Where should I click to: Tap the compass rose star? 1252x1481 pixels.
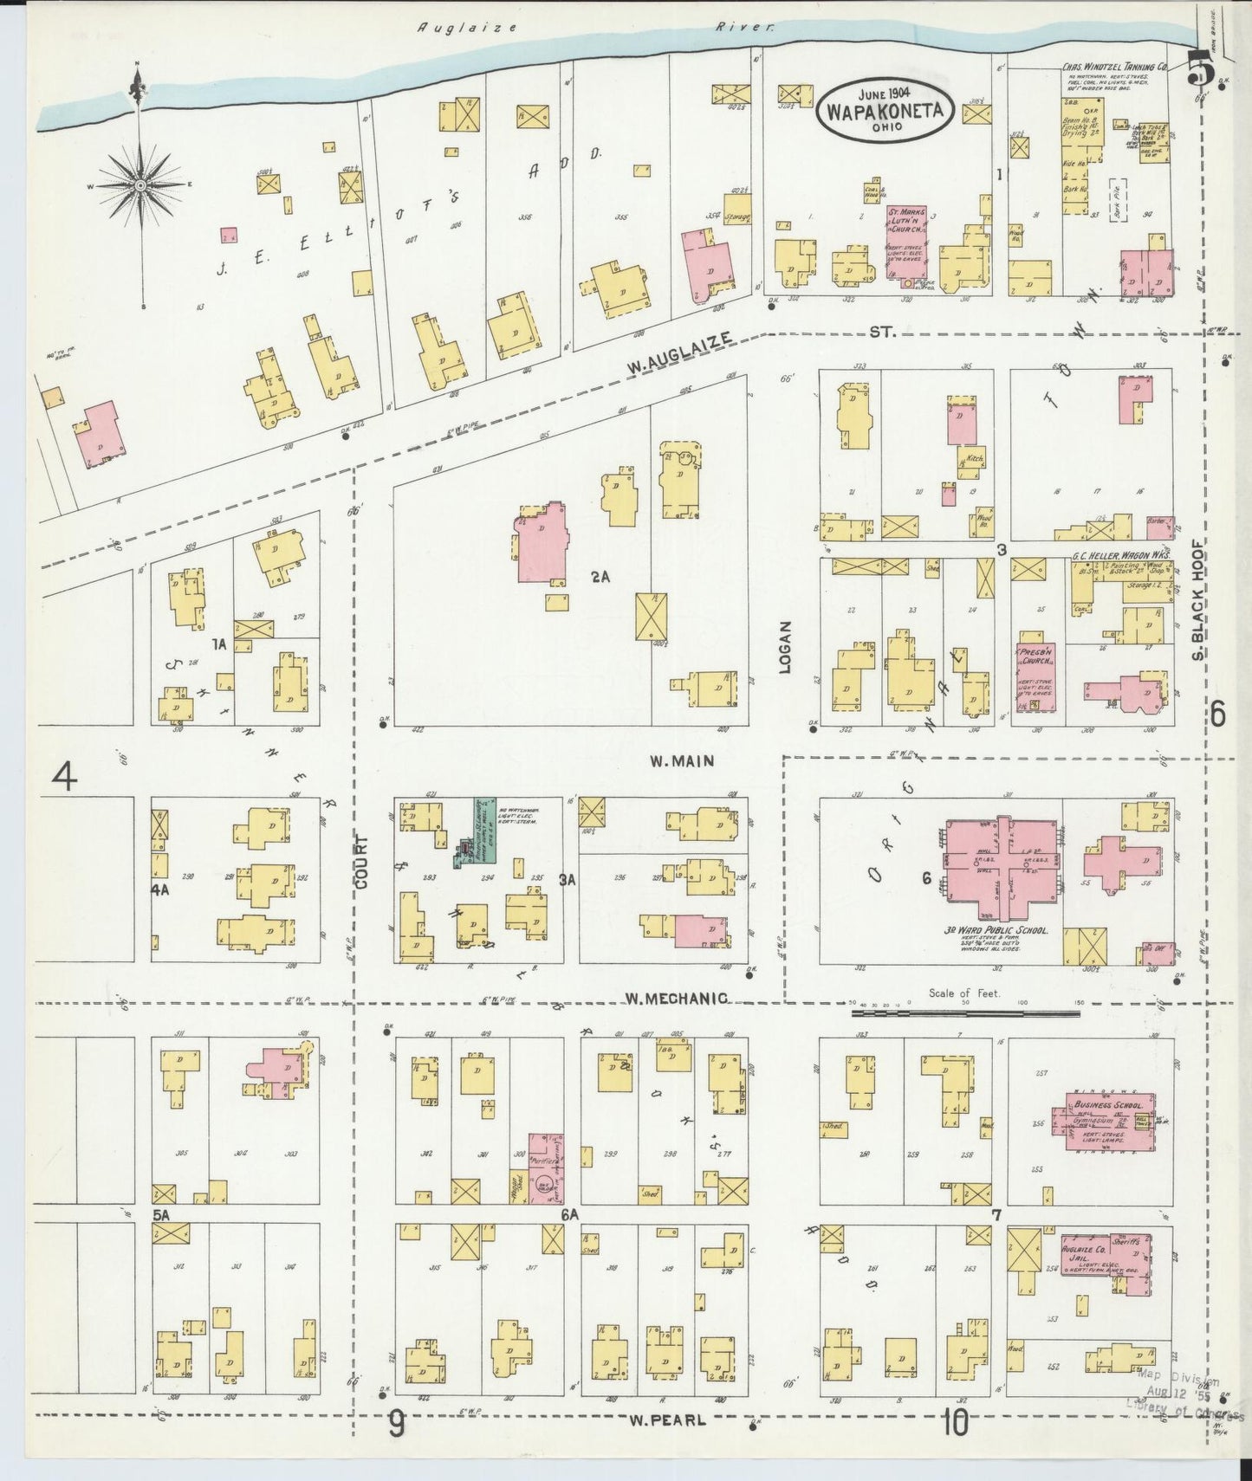coord(139,185)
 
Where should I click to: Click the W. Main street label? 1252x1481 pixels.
coord(682,760)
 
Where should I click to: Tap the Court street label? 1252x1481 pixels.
coord(360,862)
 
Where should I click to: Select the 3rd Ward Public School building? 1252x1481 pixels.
coord(1001,868)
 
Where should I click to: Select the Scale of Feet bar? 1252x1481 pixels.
coord(964,1011)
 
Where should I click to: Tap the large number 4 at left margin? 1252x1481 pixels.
coord(65,775)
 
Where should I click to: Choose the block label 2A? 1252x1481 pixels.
coord(600,576)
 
